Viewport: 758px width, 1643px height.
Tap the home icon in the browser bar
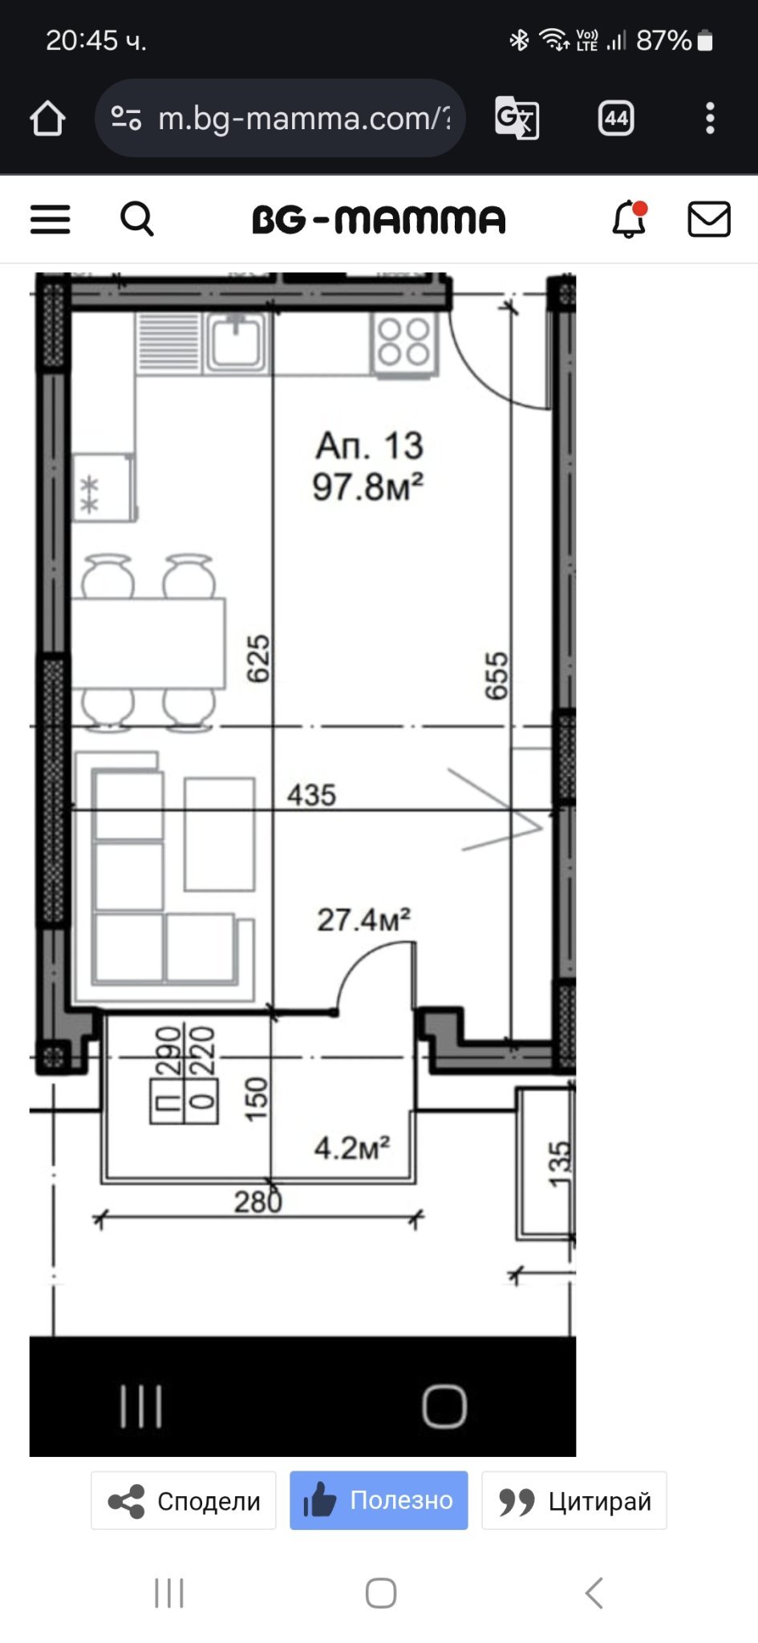(47, 118)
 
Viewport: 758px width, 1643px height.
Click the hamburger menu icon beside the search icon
(51, 219)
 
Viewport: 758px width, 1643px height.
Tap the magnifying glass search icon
(137, 218)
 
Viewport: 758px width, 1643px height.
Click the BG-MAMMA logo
(379, 219)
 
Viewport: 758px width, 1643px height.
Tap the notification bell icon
(630, 219)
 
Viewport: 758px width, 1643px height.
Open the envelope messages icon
(709, 219)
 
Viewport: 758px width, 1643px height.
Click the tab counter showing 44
(616, 119)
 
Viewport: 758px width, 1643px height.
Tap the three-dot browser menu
(710, 118)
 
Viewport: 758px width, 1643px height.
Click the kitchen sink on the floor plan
(235, 342)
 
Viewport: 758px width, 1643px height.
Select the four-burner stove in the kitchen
(404, 343)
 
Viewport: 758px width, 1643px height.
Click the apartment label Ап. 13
(369, 445)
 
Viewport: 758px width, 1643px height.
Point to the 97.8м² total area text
(368, 487)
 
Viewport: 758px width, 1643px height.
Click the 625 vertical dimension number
(258, 659)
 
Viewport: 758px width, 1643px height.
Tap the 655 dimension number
(497, 675)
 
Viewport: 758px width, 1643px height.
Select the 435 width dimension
(311, 795)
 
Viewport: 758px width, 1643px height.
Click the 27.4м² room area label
(364, 919)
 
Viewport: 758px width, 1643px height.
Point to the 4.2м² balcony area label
(352, 1148)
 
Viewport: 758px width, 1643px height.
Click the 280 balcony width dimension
(258, 1201)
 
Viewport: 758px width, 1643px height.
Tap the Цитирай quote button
(574, 1500)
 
